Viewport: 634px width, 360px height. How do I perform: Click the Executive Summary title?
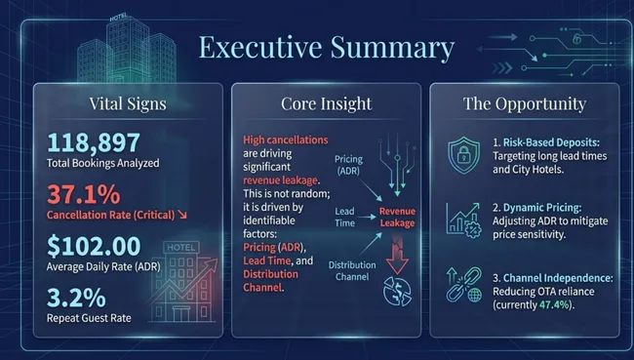tap(327, 49)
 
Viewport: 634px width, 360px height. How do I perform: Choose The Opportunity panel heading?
tap(524, 103)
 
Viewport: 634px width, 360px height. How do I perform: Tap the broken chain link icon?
tap(461, 282)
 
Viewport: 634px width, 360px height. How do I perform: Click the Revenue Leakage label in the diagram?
tap(397, 217)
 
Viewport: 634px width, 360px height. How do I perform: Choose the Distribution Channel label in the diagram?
tap(353, 272)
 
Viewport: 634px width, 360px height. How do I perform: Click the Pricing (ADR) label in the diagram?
tap(348, 163)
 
